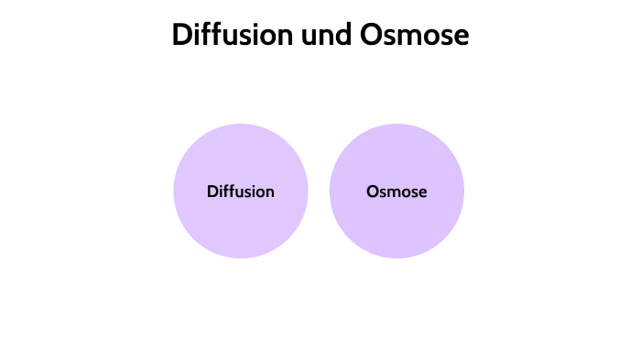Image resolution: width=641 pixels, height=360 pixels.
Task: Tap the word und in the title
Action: coord(317,35)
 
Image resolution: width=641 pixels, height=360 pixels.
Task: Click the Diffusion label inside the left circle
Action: coord(241,191)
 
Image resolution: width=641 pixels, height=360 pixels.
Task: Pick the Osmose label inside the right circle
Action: coord(397,191)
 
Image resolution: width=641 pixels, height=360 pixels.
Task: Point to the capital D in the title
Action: coord(181,35)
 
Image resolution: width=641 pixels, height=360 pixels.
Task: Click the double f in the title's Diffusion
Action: coord(209,35)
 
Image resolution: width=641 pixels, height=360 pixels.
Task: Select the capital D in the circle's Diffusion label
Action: coord(212,191)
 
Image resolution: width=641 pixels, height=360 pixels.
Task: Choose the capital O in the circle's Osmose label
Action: coord(372,191)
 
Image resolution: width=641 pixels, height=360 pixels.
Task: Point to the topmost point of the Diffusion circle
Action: coord(241,125)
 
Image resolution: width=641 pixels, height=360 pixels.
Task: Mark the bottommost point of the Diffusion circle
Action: coord(241,258)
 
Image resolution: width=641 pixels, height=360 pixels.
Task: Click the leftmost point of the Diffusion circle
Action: coord(174,191)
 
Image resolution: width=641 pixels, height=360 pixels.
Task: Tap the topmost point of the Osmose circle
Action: coord(397,125)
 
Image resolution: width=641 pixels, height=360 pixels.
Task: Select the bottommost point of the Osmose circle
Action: coord(397,258)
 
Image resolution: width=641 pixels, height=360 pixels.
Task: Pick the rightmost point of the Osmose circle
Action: coord(463,191)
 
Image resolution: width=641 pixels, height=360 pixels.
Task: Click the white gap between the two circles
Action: coord(319,191)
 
